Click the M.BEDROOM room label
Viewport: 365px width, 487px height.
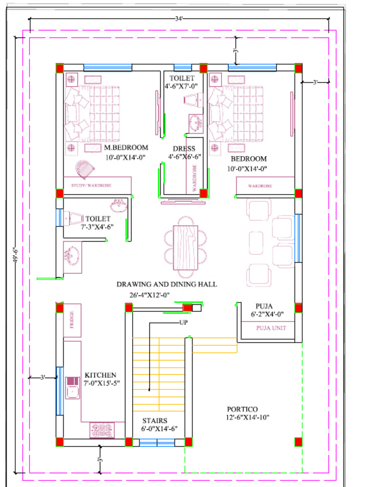[x=126, y=147]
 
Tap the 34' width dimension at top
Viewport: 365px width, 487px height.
[x=179, y=19]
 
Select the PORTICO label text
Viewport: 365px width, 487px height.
[x=242, y=409]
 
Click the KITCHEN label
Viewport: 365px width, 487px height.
[x=100, y=375]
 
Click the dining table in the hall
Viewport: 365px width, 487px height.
[x=185, y=247]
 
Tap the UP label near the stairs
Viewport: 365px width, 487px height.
[x=183, y=322]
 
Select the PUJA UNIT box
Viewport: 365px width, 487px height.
[x=268, y=328]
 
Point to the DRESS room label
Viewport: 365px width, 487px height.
[x=184, y=149]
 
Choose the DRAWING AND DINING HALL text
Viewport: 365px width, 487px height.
[x=167, y=284]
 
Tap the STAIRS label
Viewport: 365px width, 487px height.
[x=155, y=420]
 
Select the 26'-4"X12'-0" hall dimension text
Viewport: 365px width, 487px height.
[x=150, y=295]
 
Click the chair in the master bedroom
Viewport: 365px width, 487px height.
[x=85, y=170]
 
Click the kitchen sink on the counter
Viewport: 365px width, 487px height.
[x=73, y=391]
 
